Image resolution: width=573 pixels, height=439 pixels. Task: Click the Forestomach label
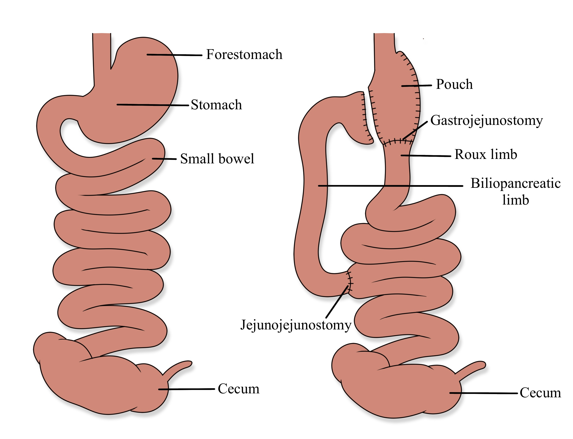[244, 55]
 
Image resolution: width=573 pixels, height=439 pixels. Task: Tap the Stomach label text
[216, 105]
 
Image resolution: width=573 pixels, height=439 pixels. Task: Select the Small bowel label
[217, 159]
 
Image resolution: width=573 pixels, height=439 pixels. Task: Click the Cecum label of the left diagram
[238, 389]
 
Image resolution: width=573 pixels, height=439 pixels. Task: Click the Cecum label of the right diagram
[540, 393]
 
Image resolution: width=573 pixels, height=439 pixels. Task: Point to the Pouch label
[454, 84]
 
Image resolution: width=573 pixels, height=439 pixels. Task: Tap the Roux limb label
[486, 154]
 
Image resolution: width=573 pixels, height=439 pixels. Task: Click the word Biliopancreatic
[515, 183]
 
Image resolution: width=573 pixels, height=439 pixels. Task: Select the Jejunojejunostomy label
[296, 325]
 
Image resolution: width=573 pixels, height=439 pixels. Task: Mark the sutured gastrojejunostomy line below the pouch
[397, 142]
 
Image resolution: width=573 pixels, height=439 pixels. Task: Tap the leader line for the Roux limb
[426, 156]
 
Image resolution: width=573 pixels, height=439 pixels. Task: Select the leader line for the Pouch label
[416, 85]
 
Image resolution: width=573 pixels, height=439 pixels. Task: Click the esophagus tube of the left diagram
[102, 57]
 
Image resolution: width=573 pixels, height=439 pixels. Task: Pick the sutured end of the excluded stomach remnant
[366, 118]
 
